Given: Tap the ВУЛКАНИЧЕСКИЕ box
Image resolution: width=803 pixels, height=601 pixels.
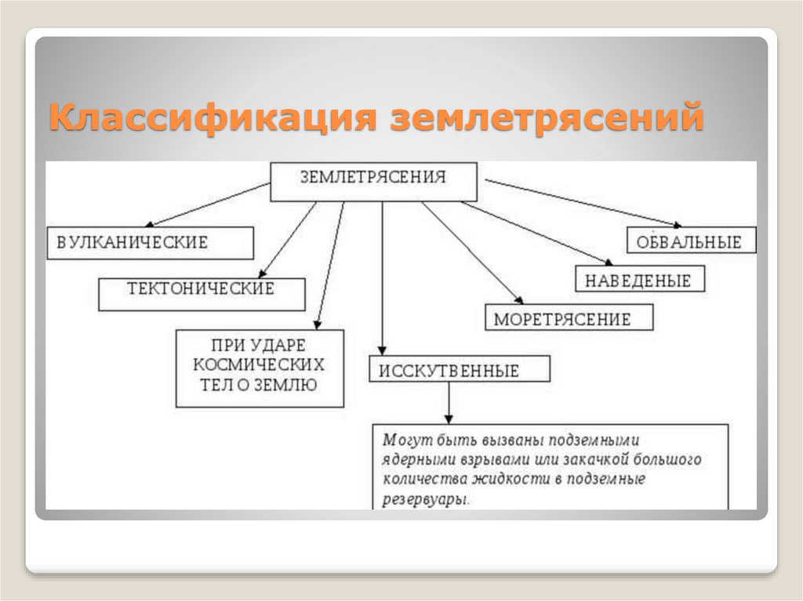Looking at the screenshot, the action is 150,243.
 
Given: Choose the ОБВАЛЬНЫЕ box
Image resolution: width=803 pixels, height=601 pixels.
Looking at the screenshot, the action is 691,241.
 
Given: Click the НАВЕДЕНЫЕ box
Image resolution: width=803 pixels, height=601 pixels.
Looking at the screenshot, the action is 640,279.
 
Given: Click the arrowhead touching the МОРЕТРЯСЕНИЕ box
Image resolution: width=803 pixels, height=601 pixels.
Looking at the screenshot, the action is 518,299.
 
